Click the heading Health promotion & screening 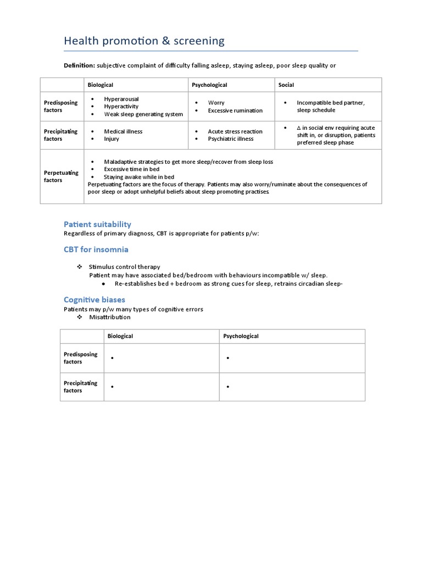[x=144, y=41]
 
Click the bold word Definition [x=80, y=65]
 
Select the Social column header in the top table [x=286, y=85]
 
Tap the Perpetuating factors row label [x=61, y=176]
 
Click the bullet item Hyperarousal [x=121, y=99]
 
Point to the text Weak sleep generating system [x=143, y=114]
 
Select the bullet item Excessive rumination [x=235, y=111]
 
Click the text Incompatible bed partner [x=331, y=103]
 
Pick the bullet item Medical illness [x=123, y=131]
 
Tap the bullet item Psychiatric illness [x=231, y=139]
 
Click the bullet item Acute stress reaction [x=235, y=131]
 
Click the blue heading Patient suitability [x=97, y=224]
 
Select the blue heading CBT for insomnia [x=96, y=250]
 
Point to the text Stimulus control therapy [x=125, y=267]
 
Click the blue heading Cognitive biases [x=94, y=300]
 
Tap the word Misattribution [x=110, y=317]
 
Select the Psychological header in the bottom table [x=241, y=336]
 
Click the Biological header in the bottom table [x=120, y=336]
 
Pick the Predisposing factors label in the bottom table [x=80, y=358]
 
